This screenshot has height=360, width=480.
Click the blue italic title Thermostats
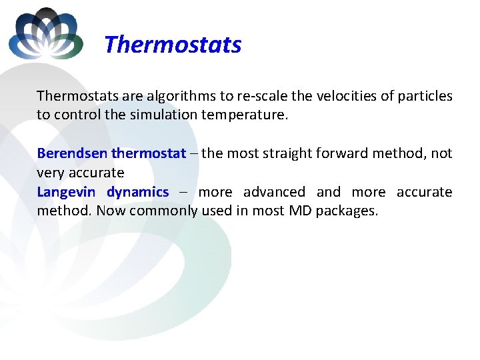pos(173,45)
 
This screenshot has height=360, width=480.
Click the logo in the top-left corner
pos(45,33)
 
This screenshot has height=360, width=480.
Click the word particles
pos(425,96)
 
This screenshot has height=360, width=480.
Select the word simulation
pos(160,115)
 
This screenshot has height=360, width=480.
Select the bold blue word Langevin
pos(66,192)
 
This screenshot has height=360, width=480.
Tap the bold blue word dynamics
pos(137,192)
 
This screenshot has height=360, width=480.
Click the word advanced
pos(274,192)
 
